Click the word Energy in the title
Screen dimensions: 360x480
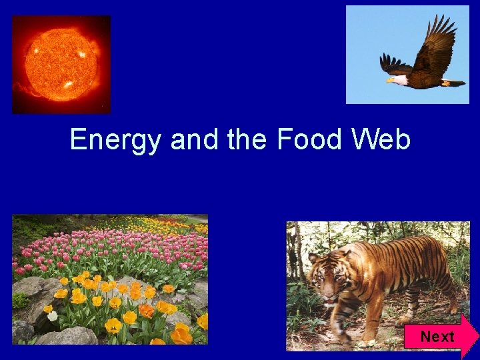click(116, 141)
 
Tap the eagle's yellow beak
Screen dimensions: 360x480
click(390, 80)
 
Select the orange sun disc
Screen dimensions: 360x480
click(61, 63)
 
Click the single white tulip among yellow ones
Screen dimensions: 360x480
click(53, 315)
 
